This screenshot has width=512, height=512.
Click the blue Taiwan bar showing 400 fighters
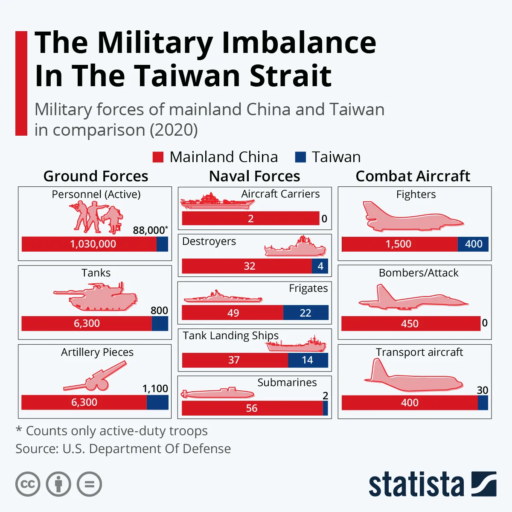tap(473, 244)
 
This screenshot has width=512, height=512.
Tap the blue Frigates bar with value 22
tap(305, 313)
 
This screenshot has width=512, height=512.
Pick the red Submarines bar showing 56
tap(252, 408)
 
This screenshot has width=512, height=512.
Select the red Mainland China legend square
tap(158, 157)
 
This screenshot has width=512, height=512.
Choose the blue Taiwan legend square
tap(300, 157)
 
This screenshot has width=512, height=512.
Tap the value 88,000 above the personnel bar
tap(149, 230)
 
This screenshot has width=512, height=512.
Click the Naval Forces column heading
tap(254, 176)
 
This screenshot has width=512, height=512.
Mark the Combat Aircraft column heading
tap(413, 176)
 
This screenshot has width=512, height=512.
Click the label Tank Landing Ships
tap(230, 336)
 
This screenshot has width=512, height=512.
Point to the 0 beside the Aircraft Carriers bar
tap(324, 219)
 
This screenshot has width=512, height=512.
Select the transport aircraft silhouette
tap(413, 378)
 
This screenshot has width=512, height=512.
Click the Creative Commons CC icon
tap(28, 484)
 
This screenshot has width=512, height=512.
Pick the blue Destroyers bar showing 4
tap(320, 266)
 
